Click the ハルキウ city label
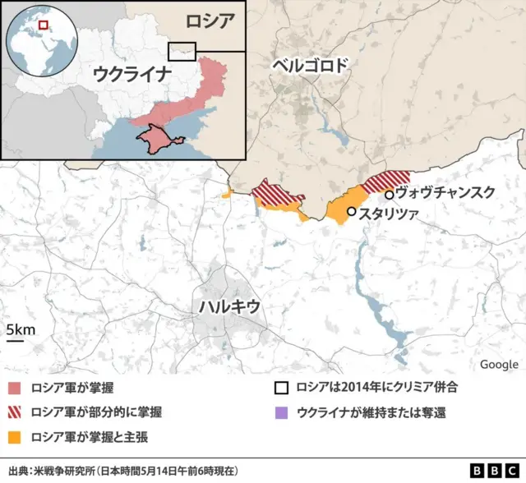[229, 306]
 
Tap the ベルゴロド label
[311, 67]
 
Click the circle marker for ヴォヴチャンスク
[390, 195]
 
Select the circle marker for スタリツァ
[352, 212]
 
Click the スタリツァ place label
[389, 212]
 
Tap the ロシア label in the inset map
[210, 21]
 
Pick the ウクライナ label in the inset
[131, 74]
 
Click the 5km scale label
[21, 330]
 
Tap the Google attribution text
[499, 365]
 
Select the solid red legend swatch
[14, 388]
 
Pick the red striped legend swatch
[14, 412]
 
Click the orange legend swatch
[14, 435]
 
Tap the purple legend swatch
[282, 412]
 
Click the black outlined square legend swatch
[282, 388]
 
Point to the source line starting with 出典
[123, 471]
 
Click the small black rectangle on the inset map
[182, 50]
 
